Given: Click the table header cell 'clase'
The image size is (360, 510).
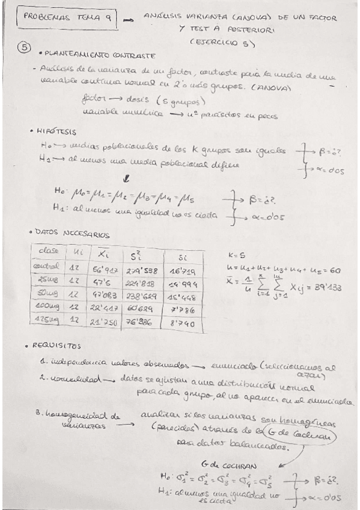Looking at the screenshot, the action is (48, 250).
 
